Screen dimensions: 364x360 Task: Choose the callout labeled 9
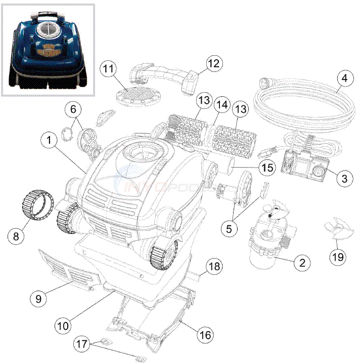(x=38, y=299)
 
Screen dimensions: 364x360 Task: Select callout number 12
(x=213, y=63)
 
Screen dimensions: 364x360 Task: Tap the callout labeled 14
(x=220, y=106)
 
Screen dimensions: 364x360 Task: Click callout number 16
(x=205, y=335)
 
